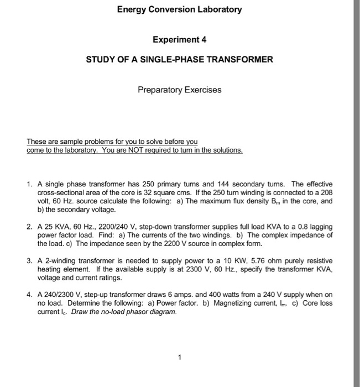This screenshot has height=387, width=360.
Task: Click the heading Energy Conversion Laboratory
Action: tap(180, 9)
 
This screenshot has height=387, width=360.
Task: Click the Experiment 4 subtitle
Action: tap(180, 40)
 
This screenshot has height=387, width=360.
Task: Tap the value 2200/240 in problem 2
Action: tap(111, 227)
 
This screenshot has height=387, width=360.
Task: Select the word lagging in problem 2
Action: tap(321, 227)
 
